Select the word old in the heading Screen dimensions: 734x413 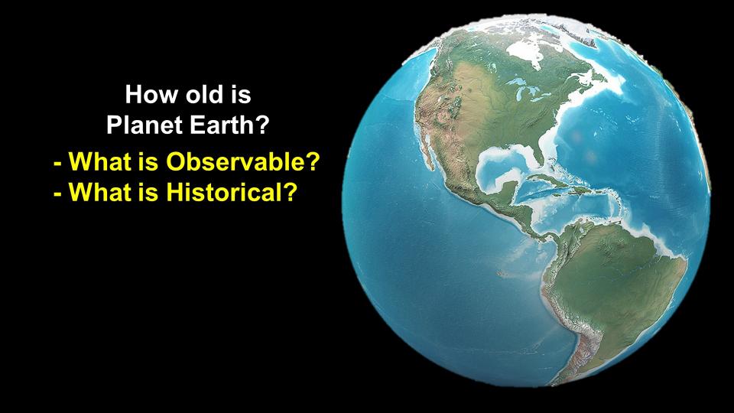point(205,94)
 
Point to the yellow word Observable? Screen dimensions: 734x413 point(243,161)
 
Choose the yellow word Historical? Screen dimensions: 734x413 point(232,191)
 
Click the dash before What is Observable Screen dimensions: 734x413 point(58,164)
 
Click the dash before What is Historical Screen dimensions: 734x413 point(58,193)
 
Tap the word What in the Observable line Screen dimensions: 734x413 point(99,161)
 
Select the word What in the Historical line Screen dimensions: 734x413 point(99,191)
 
